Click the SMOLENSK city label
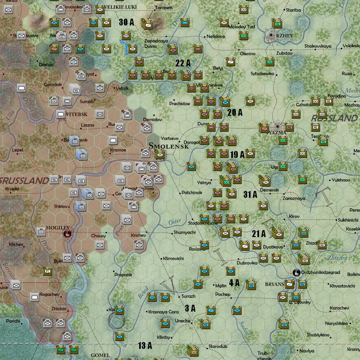click(x=169, y=146)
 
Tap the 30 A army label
click(x=126, y=22)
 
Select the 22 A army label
click(x=183, y=63)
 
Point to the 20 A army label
click(x=235, y=112)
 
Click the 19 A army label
click(x=237, y=155)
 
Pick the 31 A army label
click(x=250, y=195)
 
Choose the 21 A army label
click(x=259, y=234)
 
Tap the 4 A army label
click(x=234, y=283)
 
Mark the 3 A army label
click(x=190, y=308)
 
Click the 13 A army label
click(x=145, y=346)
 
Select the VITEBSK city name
click(x=76, y=114)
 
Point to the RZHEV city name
click(x=285, y=36)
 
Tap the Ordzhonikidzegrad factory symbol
click(x=297, y=273)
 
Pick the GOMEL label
click(x=100, y=355)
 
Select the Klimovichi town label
click(x=173, y=258)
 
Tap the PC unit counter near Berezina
click(x=48, y=270)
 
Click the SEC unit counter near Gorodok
click(x=81, y=76)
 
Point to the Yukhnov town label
click(x=341, y=180)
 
